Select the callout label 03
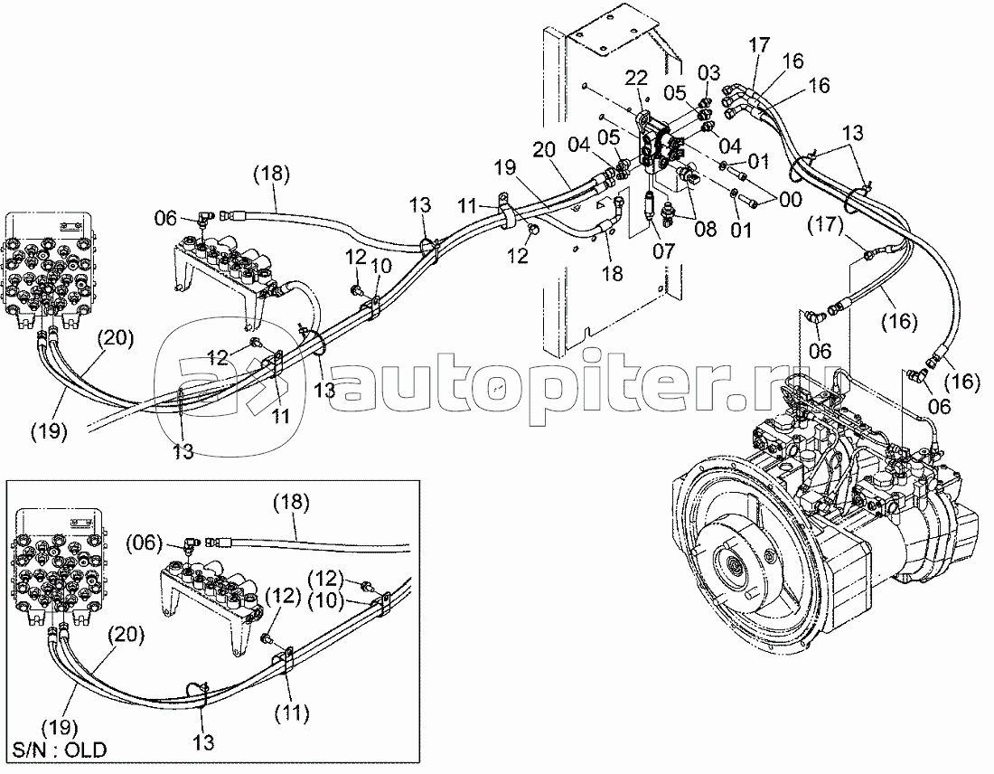click(708, 71)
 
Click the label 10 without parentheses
click(382, 265)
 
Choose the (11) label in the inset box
click(294, 713)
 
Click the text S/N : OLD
click(60, 750)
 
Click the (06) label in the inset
click(144, 543)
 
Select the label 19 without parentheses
click(504, 166)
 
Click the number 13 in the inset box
click(204, 743)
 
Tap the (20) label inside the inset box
click(128, 635)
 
